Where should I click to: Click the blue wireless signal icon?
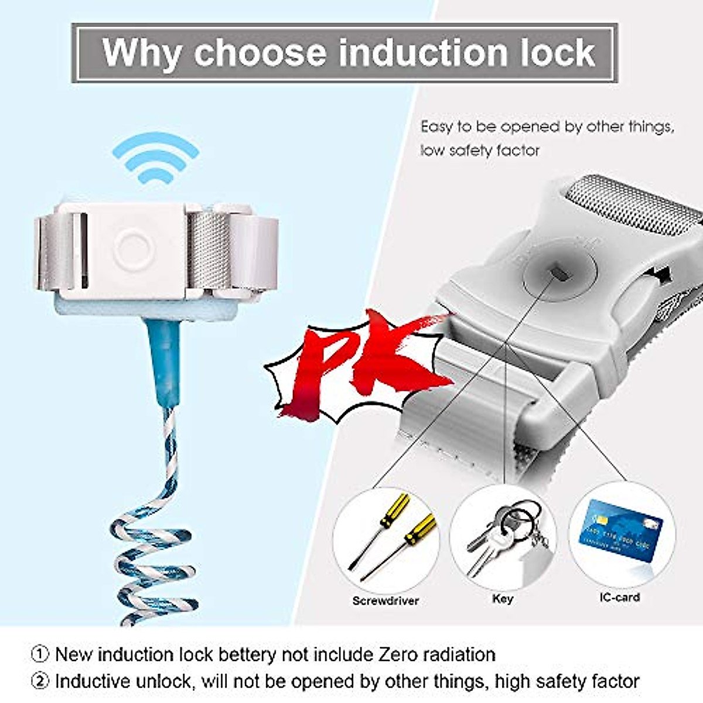(x=155, y=158)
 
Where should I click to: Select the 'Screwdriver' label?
(x=385, y=600)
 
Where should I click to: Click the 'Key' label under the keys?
(x=503, y=599)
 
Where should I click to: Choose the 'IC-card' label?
(x=619, y=598)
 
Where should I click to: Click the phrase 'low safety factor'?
(x=479, y=151)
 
